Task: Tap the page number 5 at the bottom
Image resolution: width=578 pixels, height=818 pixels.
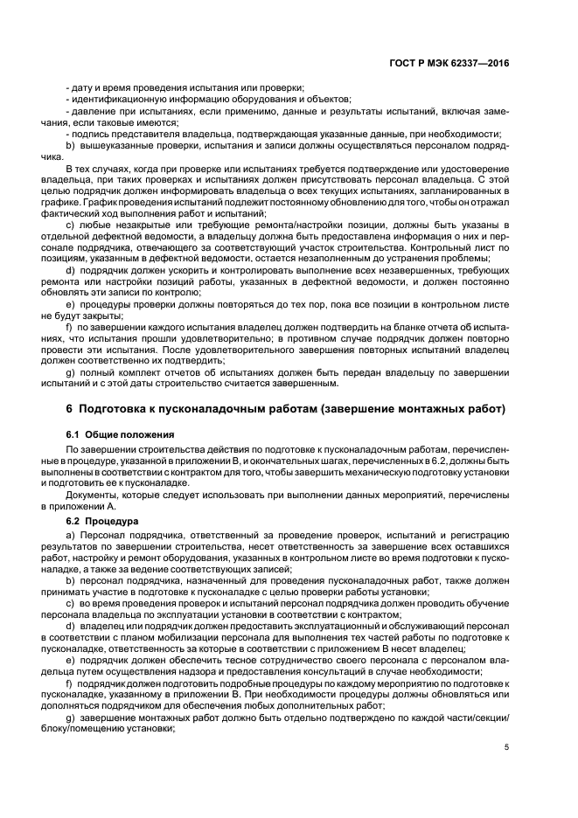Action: point(506,745)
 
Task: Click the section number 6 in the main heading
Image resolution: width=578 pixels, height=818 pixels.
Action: point(70,410)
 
